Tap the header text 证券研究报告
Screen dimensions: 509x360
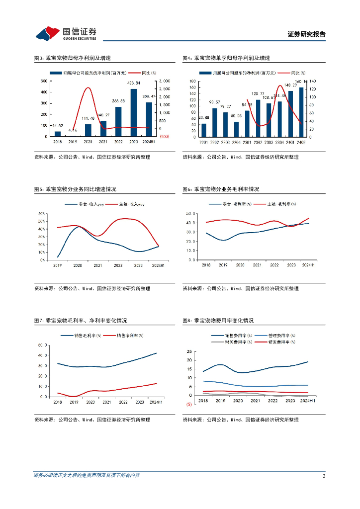[x=307, y=34]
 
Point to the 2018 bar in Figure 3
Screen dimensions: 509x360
[x=57, y=134]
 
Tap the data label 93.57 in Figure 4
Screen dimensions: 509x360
[x=215, y=102]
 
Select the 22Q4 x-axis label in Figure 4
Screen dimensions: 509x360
[x=235, y=142]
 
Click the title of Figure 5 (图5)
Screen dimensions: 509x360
[x=75, y=189]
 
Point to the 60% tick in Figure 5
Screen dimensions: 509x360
[x=42, y=214]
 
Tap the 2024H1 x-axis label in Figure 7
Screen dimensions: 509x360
[x=156, y=402]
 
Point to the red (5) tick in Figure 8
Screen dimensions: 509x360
[x=189, y=405]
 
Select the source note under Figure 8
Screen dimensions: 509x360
[x=241, y=420]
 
